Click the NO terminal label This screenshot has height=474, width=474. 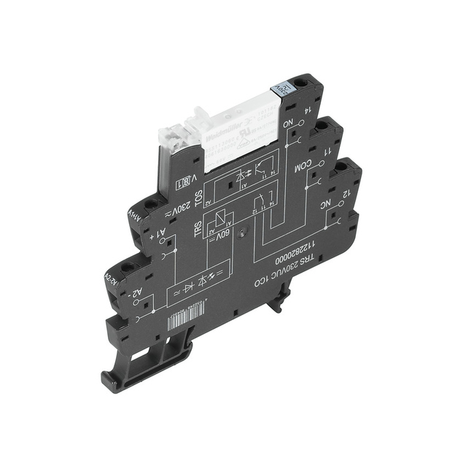[x=289, y=124]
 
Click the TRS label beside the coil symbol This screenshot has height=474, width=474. [x=197, y=228]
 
